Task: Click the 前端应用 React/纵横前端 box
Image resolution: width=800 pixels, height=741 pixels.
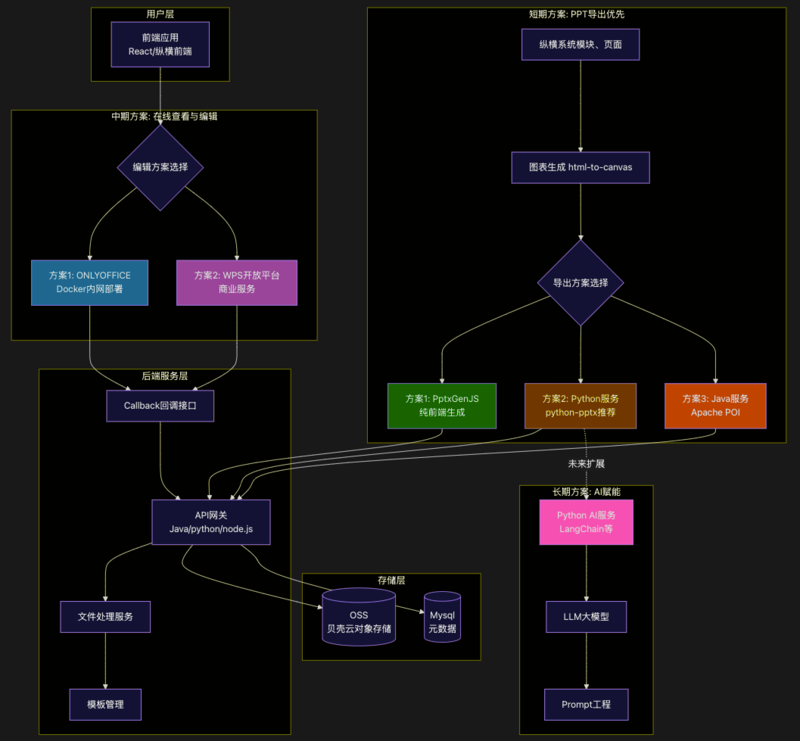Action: click(160, 45)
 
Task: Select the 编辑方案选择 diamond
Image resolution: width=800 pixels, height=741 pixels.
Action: click(160, 167)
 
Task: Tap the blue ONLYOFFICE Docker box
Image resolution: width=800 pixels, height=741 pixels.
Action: click(90, 283)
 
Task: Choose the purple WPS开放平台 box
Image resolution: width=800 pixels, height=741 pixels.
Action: click(237, 283)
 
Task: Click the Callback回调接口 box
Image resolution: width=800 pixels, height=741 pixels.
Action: click(160, 406)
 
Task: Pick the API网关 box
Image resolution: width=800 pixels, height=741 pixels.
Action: click(211, 522)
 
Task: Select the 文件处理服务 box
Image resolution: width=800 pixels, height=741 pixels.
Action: click(106, 617)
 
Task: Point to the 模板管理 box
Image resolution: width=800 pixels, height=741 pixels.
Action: click(106, 705)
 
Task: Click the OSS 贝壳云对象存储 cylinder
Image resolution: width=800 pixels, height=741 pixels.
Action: click(359, 617)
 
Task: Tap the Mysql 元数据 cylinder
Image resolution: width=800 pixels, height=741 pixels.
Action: click(442, 617)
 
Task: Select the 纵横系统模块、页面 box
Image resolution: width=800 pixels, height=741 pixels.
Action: click(581, 45)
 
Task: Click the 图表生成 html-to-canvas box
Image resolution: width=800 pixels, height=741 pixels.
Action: click(581, 167)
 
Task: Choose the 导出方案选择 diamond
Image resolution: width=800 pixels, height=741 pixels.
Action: click(581, 283)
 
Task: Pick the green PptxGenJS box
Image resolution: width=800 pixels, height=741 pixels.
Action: click(442, 406)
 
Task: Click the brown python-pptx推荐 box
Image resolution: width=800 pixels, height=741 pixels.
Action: click(581, 406)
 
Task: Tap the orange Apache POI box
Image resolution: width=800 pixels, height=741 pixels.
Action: click(715, 406)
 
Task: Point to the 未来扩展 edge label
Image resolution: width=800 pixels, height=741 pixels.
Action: click(587, 464)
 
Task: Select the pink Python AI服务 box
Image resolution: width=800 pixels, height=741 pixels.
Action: click(587, 522)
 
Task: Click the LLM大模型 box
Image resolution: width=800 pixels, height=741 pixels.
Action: click(587, 617)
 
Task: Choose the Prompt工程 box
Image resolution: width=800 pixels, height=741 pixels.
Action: click(587, 705)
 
